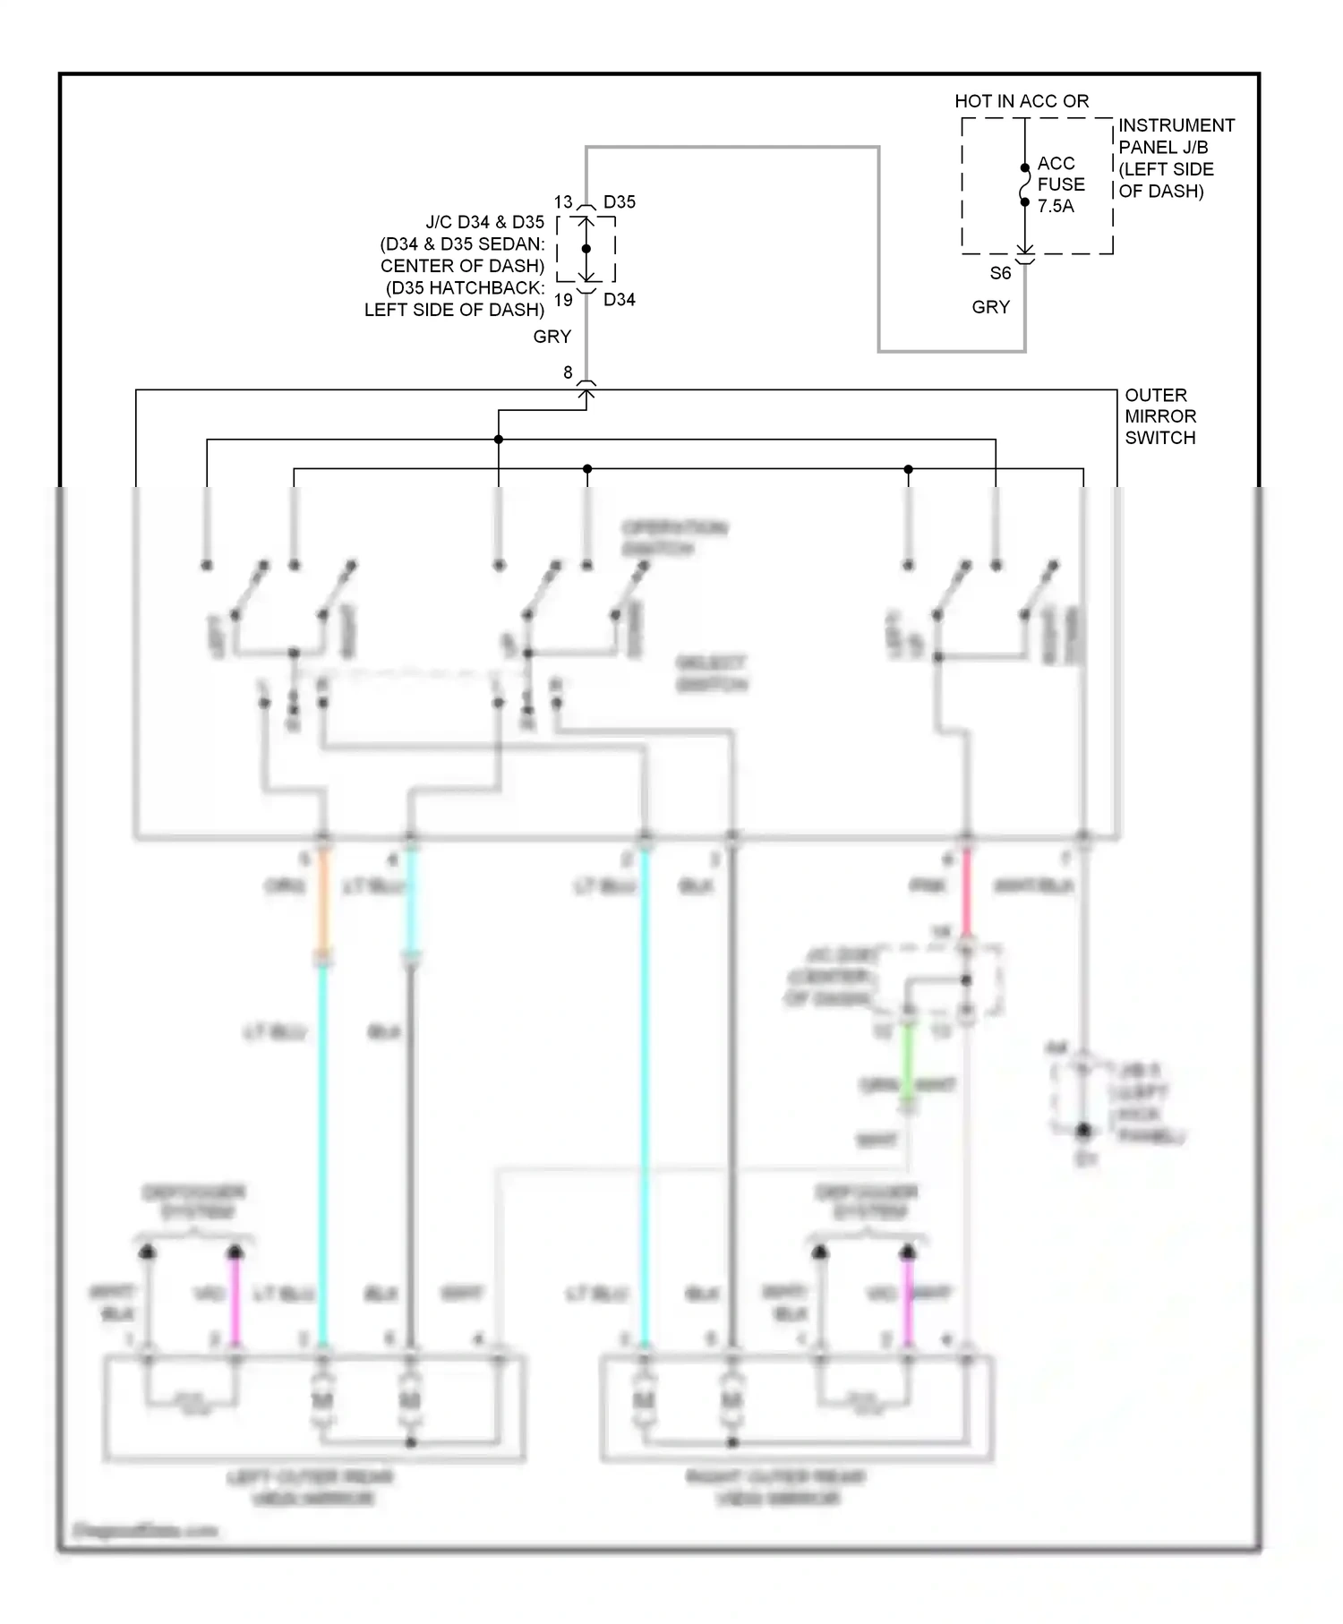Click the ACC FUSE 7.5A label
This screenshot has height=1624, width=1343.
coord(1061,184)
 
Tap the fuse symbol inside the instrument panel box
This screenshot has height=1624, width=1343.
coord(1025,185)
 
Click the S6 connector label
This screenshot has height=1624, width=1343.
coord(1000,273)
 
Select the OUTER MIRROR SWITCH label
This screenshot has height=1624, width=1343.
coord(1160,416)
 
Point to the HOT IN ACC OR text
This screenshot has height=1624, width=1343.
coord(1022,101)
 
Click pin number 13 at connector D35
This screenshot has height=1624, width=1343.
coord(562,202)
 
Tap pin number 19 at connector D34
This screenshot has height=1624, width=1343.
coord(562,300)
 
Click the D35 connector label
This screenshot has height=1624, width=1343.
coord(620,202)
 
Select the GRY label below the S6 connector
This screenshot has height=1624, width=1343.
coord(990,307)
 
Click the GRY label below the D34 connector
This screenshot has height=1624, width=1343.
coord(552,337)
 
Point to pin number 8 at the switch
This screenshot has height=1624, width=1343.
coord(568,372)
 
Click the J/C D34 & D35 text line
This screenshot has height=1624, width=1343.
coord(484,222)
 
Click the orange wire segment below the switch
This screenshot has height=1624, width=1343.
coord(323,900)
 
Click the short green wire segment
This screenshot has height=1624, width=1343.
coord(907,1061)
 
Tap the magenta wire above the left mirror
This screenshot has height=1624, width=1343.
coord(235,1298)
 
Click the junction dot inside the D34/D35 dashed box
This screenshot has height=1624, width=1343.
coord(586,249)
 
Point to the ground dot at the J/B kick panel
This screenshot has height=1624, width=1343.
coord(1083,1131)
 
